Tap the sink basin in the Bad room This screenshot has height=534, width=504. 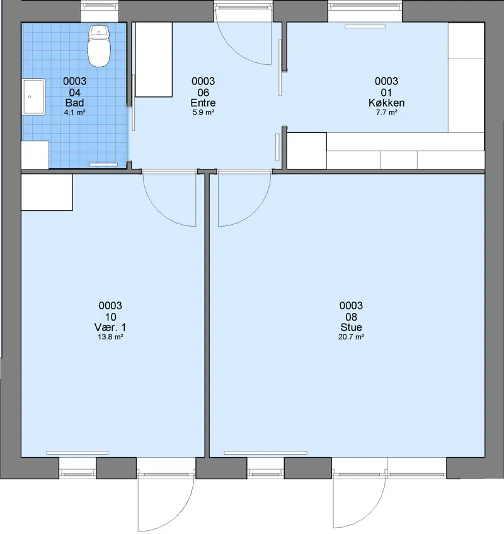pyautogui.click(x=34, y=97)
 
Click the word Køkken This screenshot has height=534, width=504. pyautogui.click(x=386, y=103)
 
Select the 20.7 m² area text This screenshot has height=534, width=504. pyautogui.click(x=351, y=337)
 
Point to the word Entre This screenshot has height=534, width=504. pyautogui.click(x=203, y=103)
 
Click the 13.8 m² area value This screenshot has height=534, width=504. pyautogui.click(x=110, y=337)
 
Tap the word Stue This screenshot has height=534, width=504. pyautogui.click(x=351, y=327)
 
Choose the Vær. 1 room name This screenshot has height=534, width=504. pyautogui.click(x=110, y=327)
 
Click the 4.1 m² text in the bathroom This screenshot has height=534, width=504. pyautogui.click(x=74, y=112)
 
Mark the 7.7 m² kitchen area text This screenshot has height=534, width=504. pyautogui.click(x=386, y=112)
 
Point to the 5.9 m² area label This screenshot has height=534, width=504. pyautogui.click(x=203, y=112)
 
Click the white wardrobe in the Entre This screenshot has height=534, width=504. pyautogui.click(x=154, y=60)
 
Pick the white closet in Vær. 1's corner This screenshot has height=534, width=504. pyautogui.click(x=47, y=193)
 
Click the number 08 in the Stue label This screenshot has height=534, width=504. pyautogui.click(x=351, y=317)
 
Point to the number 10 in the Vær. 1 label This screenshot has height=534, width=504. pyautogui.click(x=110, y=317)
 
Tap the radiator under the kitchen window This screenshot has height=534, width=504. pyautogui.click(x=365, y=26)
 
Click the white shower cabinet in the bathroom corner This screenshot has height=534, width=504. pyautogui.click(x=35, y=155)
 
